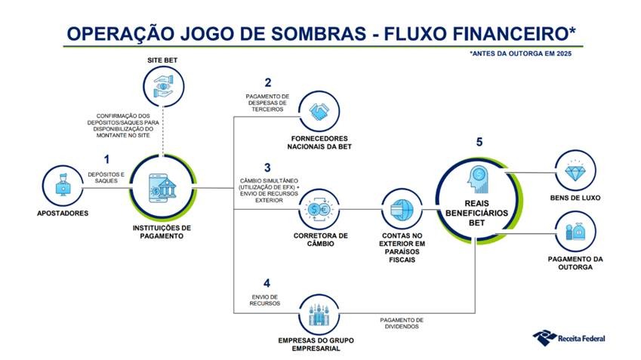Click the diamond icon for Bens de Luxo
[x=575, y=171]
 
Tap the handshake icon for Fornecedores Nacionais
[x=319, y=111]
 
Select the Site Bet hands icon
[x=163, y=86]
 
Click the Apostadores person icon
[x=63, y=185]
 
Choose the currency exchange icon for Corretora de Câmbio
[x=319, y=209]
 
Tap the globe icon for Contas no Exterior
[x=402, y=210]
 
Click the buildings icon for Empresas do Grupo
[x=319, y=315]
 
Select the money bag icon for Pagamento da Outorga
[x=575, y=232]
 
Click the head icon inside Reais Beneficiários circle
[x=476, y=179]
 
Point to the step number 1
[x=106, y=159]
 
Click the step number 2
[x=268, y=82]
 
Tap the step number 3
[x=267, y=168]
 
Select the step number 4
[x=267, y=283]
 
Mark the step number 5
[x=479, y=142]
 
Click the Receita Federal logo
[x=569, y=338]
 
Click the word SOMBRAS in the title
[x=319, y=33]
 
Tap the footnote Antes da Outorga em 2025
[x=520, y=54]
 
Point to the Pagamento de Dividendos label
[x=402, y=323]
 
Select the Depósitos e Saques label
[x=106, y=177]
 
